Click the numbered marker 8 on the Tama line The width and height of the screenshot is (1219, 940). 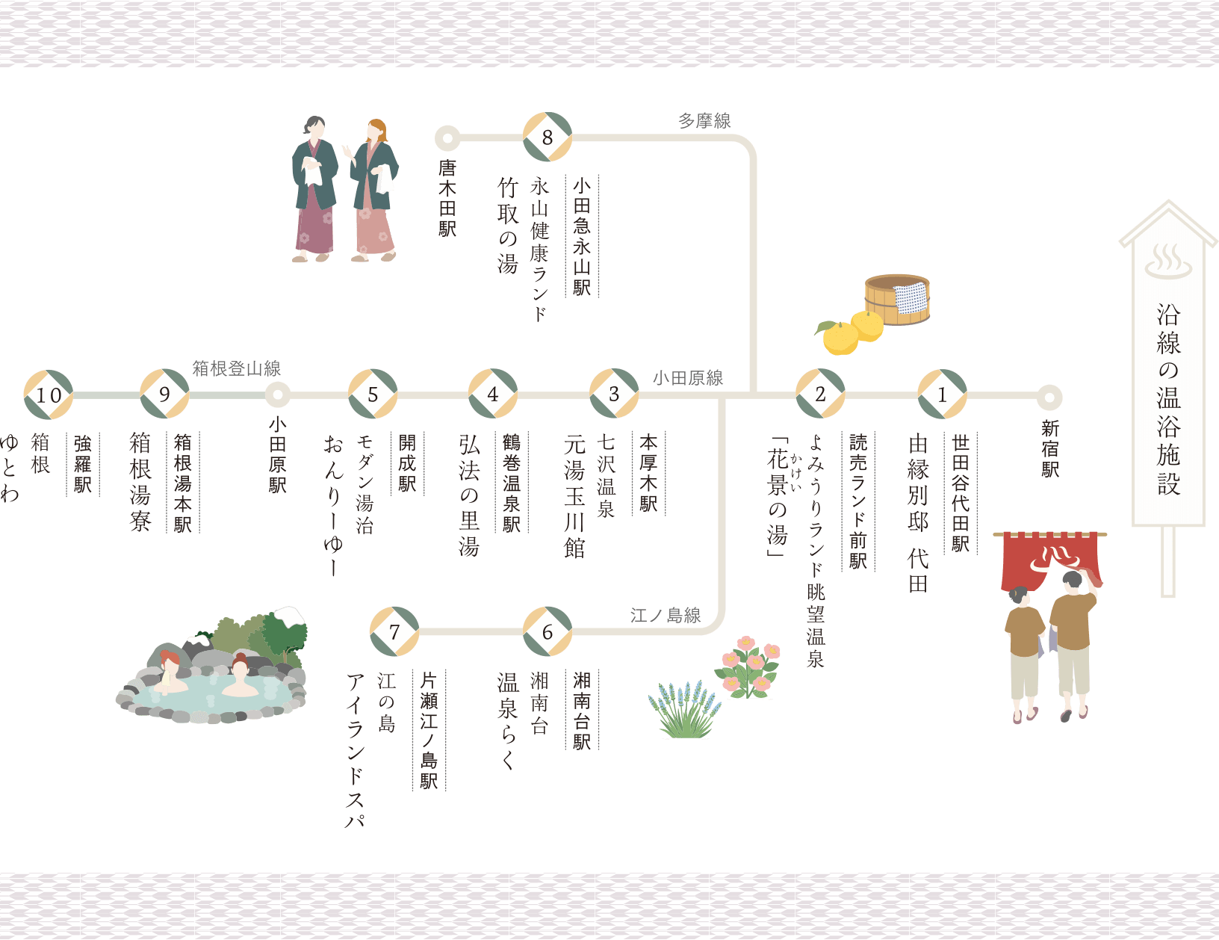548,137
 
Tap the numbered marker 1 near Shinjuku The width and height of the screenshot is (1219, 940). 942,395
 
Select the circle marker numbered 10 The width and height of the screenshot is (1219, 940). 49,395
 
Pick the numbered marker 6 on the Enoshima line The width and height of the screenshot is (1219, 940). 548,631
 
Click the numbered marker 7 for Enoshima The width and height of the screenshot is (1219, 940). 394,631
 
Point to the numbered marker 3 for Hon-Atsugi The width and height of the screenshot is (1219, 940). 614,394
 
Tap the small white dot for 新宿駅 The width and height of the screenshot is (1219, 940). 1049,398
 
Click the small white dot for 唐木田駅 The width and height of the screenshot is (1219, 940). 447,138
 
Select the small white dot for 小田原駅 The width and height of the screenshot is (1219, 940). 277,395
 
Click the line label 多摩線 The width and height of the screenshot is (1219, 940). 704,121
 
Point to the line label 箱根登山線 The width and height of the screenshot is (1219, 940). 236,368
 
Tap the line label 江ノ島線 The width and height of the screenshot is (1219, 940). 666,615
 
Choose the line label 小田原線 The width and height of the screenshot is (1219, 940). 688,378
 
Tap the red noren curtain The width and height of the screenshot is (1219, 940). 1049,557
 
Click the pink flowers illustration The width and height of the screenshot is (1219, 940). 747,665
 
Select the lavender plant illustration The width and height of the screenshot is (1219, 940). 683,710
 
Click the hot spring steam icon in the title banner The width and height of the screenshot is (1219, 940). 1167,262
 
